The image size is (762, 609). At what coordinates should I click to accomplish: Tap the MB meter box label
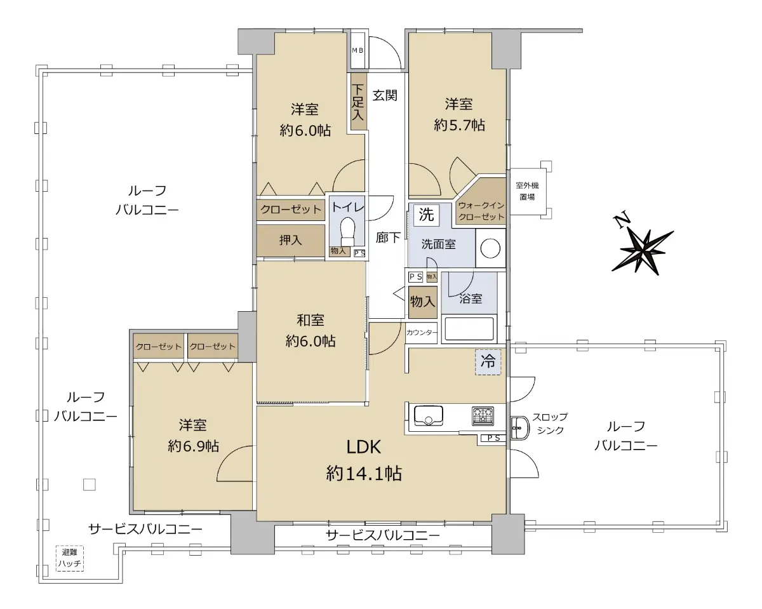pos(358,50)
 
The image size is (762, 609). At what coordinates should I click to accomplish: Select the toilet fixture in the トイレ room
pos(347,231)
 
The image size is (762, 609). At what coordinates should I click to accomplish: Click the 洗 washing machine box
pos(426,215)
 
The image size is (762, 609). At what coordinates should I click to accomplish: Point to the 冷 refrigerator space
pos(488,362)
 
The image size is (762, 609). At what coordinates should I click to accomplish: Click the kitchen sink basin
pos(429,416)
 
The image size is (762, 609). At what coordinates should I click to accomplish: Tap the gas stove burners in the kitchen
pos(483,416)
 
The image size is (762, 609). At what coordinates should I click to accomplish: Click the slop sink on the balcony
pos(519,427)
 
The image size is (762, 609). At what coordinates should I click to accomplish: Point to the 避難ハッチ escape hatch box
pos(70,558)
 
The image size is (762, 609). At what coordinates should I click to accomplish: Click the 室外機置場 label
pos(527,191)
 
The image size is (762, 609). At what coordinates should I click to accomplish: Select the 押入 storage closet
pos(290,241)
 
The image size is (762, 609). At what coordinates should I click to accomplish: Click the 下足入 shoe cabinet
pos(358,102)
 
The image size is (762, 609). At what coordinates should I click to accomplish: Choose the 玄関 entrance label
pos(385,95)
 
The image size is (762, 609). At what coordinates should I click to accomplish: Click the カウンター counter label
pos(422,333)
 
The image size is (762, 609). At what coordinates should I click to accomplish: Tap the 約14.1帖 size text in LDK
pos(364,473)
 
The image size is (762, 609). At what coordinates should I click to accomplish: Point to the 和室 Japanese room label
pos(310,320)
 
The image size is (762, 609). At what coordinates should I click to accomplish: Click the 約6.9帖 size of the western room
pos(193,446)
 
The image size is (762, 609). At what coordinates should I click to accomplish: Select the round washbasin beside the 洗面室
pos(490,248)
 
